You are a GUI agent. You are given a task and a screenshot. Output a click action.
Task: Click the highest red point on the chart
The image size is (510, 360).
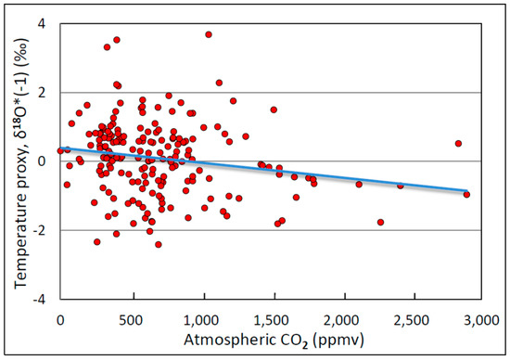209,34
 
